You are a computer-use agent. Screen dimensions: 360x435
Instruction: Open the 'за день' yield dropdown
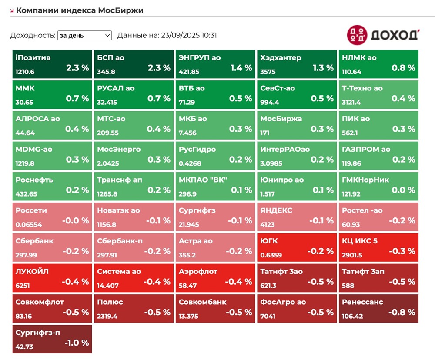pos(84,36)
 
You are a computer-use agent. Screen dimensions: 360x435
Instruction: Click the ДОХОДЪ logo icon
pos(357,35)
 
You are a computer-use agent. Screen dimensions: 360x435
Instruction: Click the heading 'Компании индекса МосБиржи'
pos(80,10)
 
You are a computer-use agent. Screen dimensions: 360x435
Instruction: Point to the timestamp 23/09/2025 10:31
pos(188,36)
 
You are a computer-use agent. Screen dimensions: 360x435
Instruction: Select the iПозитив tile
pos(52,64)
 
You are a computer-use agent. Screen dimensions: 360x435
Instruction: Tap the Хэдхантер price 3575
pos(268,72)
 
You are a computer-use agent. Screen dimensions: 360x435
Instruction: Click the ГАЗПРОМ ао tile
pos(378,156)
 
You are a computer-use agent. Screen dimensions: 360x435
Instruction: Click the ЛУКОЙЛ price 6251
pos(24,286)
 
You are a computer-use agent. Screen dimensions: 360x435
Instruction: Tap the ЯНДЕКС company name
pos(276,210)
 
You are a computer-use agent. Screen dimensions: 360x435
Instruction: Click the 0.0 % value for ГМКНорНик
pos(403,190)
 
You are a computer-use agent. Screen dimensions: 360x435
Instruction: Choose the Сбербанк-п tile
pos(134,247)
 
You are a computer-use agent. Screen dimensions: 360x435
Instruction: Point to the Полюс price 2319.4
pos(107,316)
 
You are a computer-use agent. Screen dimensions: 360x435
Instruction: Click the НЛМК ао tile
pos(378,64)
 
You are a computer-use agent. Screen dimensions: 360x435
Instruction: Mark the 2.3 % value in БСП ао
pos(159,68)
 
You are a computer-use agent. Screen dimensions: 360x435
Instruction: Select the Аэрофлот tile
pos(215,278)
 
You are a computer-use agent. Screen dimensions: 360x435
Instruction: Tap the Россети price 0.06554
pos(29,224)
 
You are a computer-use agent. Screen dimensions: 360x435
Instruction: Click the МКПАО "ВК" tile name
pos(203,180)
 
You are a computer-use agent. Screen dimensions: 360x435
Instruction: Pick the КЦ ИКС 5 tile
pos(378,247)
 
